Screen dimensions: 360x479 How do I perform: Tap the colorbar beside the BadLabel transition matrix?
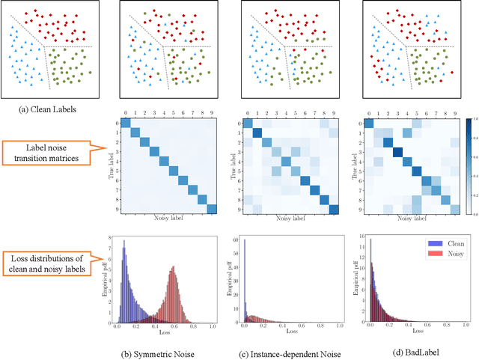(x=468, y=165)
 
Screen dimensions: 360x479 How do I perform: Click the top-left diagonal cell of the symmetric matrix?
(x=126, y=123)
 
